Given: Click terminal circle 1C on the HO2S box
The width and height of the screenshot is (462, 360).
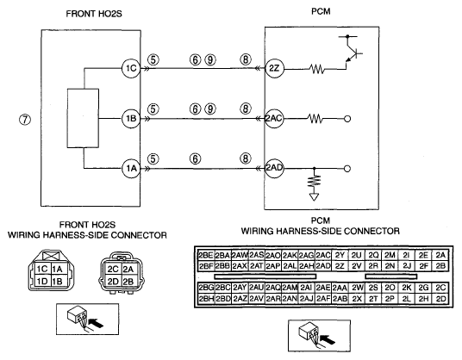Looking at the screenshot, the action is click(x=131, y=69).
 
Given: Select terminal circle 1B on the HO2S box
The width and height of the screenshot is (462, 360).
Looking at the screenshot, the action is click(x=131, y=119).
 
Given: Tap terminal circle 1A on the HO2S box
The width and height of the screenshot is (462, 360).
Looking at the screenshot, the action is click(x=131, y=168).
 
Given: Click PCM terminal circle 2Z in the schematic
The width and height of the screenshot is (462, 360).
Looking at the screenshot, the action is click(x=274, y=69).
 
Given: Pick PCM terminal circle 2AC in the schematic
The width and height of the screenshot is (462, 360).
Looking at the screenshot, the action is click(x=274, y=119).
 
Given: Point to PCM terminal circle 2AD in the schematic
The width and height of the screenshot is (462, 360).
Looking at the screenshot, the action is click(x=274, y=168).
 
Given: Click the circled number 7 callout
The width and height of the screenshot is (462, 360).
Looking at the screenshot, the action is click(x=25, y=119).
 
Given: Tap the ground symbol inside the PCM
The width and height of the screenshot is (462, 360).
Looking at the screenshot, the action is click(x=314, y=196).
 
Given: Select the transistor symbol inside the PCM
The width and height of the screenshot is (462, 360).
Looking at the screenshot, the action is click(x=351, y=52).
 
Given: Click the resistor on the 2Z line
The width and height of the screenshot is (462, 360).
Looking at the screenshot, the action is click(x=316, y=69).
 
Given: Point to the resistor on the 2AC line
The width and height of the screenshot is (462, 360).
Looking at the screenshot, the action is click(x=315, y=119).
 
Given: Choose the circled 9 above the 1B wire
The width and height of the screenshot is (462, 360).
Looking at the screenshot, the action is click(x=210, y=109).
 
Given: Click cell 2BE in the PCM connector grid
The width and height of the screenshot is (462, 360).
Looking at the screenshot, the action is click(x=206, y=255).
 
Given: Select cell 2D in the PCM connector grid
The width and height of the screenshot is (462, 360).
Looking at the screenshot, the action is click(x=440, y=299).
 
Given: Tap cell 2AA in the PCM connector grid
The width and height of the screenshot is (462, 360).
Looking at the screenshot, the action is click(x=340, y=288).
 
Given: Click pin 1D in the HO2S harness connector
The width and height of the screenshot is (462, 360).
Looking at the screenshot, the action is click(x=42, y=281).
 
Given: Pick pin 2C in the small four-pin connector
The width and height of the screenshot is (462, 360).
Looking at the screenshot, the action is click(x=113, y=270).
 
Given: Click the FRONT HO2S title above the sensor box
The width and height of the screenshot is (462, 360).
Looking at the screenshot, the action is click(x=94, y=14).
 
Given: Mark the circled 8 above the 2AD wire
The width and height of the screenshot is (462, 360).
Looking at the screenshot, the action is click(x=246, y=159).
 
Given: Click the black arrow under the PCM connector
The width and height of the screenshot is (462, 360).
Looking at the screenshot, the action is click(x=328, y=338).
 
